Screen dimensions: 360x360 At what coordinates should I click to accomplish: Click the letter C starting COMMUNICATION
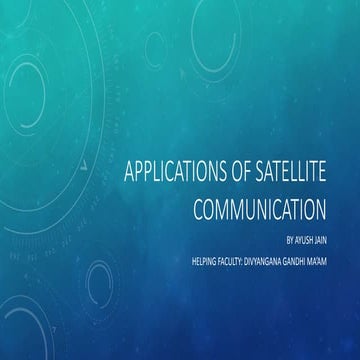(193, 210)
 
